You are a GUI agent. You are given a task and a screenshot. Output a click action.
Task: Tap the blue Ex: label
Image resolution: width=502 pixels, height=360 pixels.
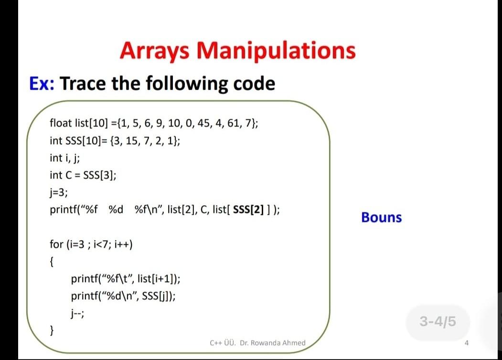[42, 84]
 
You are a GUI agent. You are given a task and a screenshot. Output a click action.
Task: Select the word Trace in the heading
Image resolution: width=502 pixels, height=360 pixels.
[83, 84]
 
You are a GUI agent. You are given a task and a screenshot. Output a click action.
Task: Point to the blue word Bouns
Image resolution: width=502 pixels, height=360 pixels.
[381, 218]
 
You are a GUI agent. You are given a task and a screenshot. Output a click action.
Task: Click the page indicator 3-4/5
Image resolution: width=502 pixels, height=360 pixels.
[438, 322]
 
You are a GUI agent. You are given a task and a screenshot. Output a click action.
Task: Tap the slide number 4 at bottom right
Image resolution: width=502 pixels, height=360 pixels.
[467, 342]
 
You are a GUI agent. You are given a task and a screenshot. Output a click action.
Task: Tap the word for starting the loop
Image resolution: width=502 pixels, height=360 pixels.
[56, 245]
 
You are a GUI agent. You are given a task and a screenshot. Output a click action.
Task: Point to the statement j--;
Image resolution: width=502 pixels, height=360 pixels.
[77, 313]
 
